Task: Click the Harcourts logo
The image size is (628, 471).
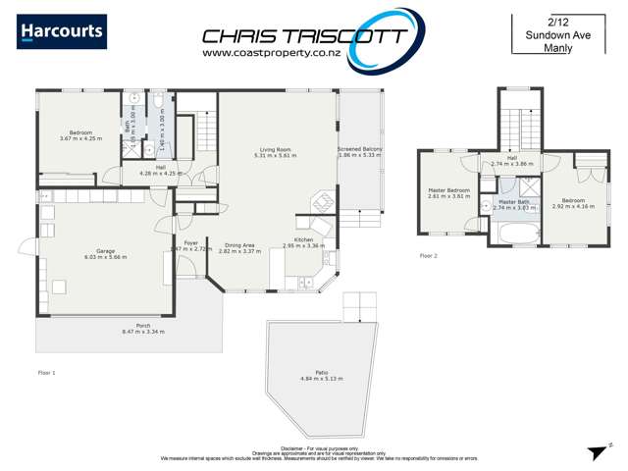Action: click(x=62, y=31)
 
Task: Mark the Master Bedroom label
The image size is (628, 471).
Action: click(x=448, y=190)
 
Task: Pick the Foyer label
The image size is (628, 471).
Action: click(x=190, y=243)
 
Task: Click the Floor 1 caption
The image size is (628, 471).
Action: click(x=46, y=372)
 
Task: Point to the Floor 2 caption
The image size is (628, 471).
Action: click(x=428, y=255)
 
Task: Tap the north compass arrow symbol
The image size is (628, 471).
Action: click(x=594, y=451)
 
